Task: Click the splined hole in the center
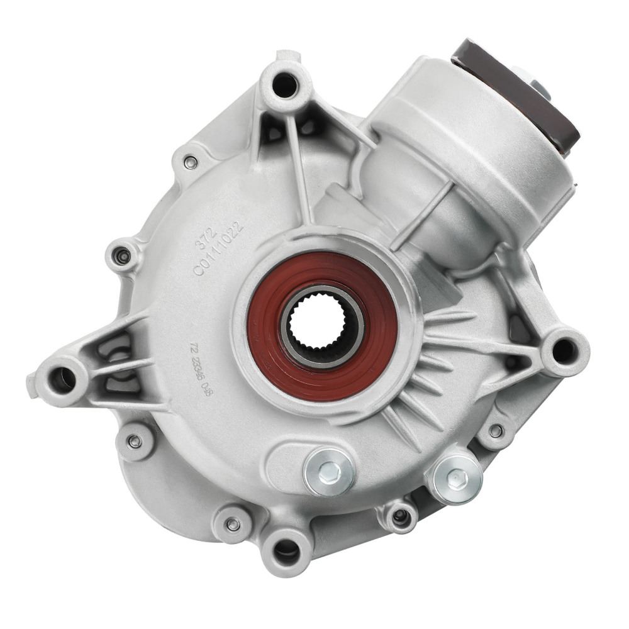pos(322,324)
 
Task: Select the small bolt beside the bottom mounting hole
pos(233,523)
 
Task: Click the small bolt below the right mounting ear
pos(496,431)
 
